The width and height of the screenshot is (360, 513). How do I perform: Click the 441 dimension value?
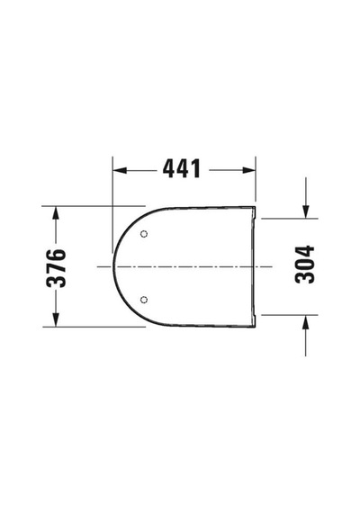181,169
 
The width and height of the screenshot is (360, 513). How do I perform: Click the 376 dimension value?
57,268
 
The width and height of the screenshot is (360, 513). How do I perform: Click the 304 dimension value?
304,264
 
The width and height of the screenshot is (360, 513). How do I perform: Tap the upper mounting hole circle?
144,234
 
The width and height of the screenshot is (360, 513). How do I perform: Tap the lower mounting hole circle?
144,300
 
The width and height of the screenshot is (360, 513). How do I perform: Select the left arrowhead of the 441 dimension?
120,170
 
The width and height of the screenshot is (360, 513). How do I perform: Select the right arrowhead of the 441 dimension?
248,170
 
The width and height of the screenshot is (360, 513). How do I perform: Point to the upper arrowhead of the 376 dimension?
56,213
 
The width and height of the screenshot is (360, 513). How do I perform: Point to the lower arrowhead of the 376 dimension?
56,319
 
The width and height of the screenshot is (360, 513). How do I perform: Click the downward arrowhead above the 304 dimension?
306,211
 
